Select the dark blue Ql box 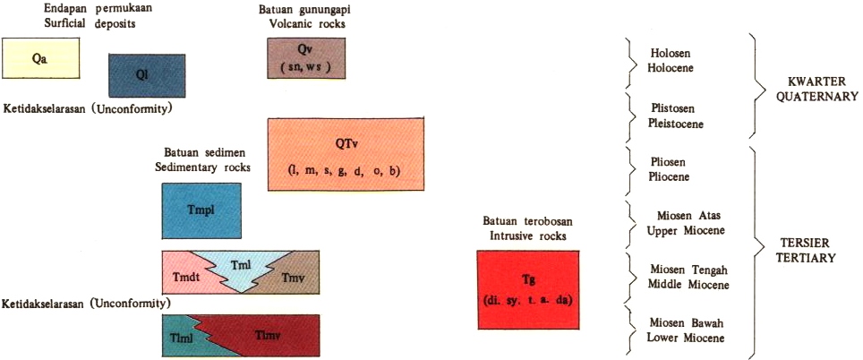point(147,75)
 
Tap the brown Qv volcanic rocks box point(306,60)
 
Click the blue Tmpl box point(202,210)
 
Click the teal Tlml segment point(180,338)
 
